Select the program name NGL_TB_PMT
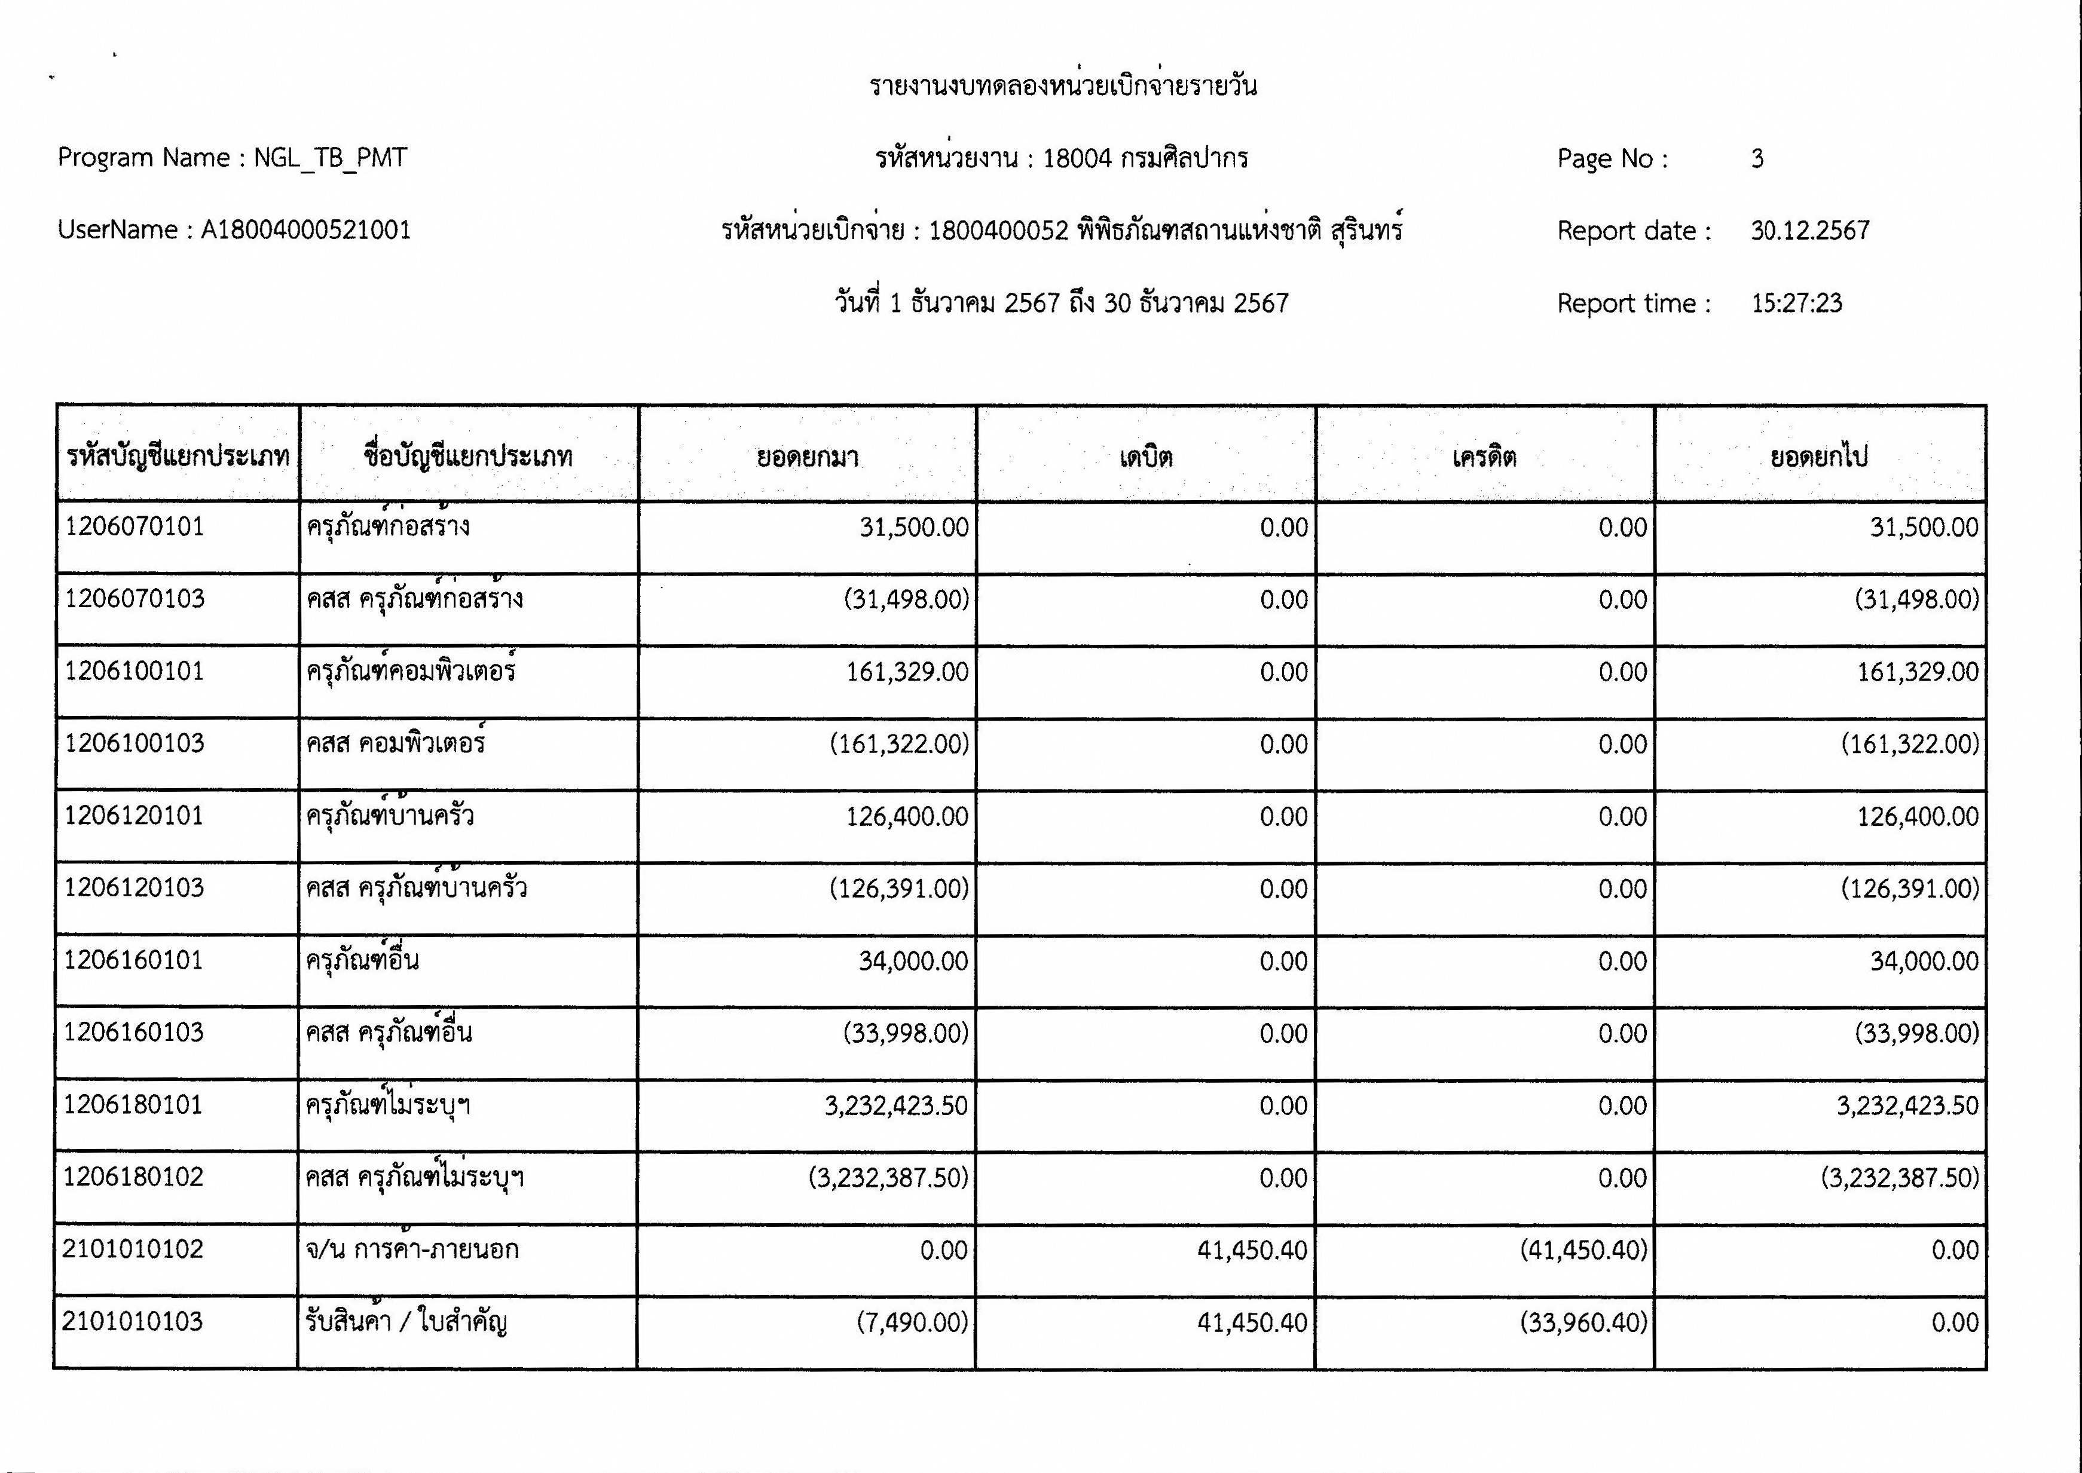click(x=329, y=158)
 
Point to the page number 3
click(x=1757, y=159)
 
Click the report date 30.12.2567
click(x=1810, y=231)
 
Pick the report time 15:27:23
click(x=1796, y=303)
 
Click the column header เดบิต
click(x=1146, y=456)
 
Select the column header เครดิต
click(x=1484, y=456)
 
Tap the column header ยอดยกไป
click(x=1819, y=456)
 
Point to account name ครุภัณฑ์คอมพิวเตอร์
click(x=411, y=671)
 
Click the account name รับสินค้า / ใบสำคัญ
click(x=405, y=1322)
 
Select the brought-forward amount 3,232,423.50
click(x=895, y=1105)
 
